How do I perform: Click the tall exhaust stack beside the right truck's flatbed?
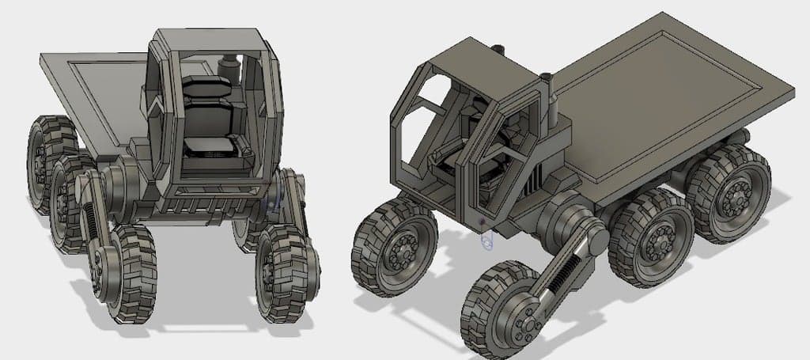click(551, 103)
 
